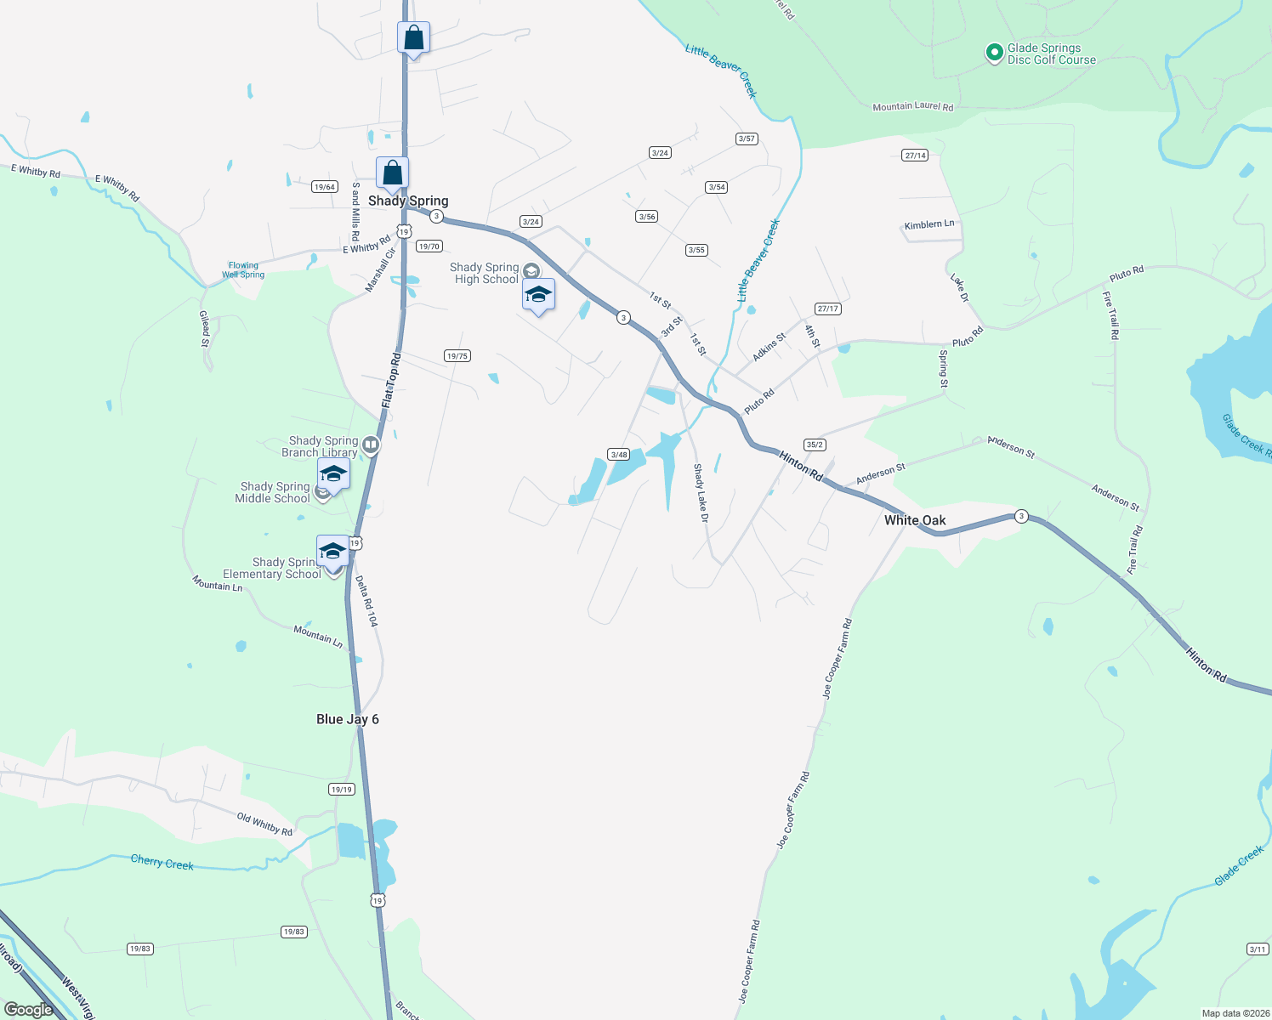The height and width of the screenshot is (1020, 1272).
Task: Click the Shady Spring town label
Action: click(408, 201)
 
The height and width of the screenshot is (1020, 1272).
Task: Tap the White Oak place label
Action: click(915, 520)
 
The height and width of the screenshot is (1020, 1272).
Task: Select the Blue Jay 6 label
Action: click(347, 719)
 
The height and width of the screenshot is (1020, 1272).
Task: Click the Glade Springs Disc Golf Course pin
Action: click(994, 53)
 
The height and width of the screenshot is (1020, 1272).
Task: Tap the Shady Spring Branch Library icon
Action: click(371, 445)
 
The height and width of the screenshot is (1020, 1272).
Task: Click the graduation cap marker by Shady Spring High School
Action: click(538, 295)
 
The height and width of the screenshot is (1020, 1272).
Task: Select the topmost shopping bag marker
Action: click(413, 38)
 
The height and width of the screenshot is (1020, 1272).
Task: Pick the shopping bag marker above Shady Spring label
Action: click(392, 173)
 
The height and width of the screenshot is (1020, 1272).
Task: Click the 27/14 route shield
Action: click(915, 156)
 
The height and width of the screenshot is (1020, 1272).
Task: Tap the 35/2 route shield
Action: click(815, 445)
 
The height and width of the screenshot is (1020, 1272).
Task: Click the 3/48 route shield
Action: click(619, 455)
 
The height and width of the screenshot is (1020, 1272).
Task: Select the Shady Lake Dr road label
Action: click(700, 492)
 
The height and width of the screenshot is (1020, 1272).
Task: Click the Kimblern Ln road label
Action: click(928, 224)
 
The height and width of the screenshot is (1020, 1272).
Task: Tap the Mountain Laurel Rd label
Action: click(912, 107)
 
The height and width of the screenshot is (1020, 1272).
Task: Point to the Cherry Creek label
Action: click(162, 863)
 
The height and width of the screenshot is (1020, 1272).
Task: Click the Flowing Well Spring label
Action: click(243, 270)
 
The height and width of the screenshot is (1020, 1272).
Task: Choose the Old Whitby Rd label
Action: click(264, 824)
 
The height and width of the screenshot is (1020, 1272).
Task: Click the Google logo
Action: click(28, 1010)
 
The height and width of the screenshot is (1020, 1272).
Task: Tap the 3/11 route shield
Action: click(1258, 949)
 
